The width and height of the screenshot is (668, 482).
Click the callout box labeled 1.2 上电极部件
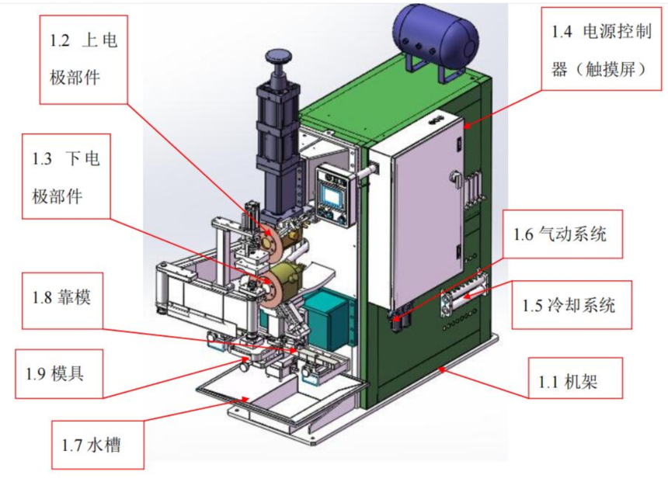[84, 60]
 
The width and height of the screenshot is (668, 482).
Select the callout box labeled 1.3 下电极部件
[66, 176]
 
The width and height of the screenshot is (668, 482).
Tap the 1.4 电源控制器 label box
[601, 49]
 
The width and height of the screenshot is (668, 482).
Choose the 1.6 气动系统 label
[562, 234]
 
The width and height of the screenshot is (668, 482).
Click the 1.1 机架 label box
[576, 378]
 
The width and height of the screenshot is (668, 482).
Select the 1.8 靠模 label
[62, 300]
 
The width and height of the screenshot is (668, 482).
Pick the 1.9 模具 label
[59, 374]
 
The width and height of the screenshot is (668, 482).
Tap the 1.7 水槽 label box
[98, 445]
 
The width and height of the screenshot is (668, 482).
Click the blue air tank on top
[435, 34]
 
